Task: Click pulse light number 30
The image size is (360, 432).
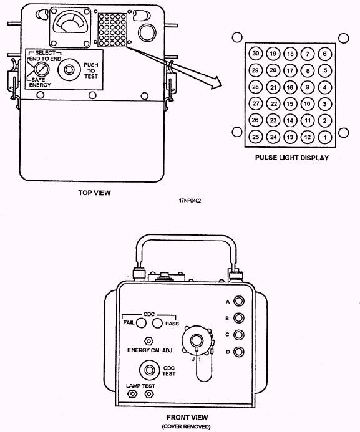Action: (256, 54)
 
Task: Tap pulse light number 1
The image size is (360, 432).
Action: (325, 137)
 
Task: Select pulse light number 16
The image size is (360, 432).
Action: (290, 87)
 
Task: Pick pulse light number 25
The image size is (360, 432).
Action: (256, 137)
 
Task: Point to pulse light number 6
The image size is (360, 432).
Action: (325, 54)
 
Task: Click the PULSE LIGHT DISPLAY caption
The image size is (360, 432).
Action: (292, 158)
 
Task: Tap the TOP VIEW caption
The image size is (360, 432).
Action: (95, 193)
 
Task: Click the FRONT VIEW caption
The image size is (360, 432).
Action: (187, 418)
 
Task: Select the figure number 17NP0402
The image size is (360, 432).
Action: (190, 201)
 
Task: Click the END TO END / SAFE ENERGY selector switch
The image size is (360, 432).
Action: (42, 69)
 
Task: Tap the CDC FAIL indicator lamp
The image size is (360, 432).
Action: (141, 323)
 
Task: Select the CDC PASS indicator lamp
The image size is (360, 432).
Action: (157, 323)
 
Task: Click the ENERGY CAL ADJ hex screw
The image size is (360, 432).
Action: (149, 341)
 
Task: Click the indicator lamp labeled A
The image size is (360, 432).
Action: (239, 301)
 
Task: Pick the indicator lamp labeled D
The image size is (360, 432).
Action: (239, 352)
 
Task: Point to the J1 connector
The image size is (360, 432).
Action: (197, 340)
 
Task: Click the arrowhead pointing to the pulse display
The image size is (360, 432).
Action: (216, 82)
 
